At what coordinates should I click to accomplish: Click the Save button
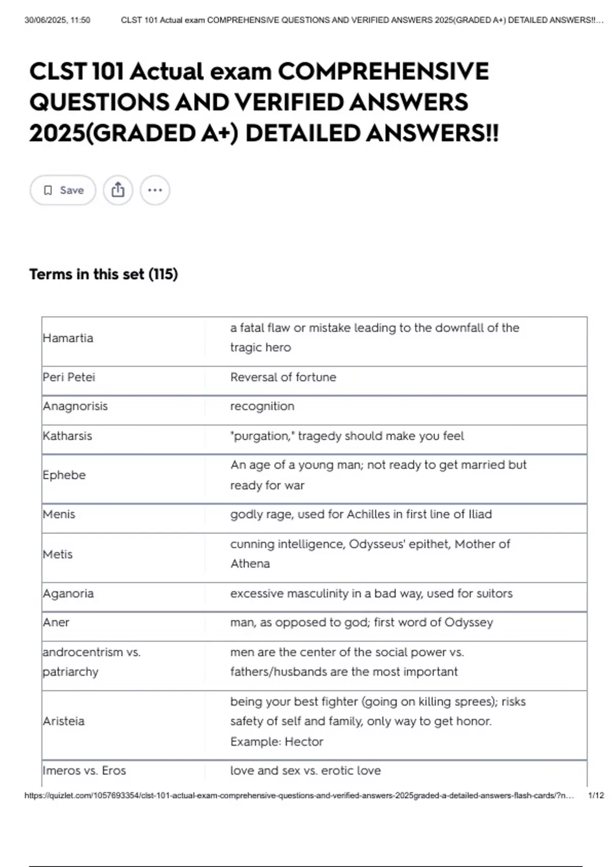63,190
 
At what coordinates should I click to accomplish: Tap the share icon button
118,190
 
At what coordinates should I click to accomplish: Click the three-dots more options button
155,190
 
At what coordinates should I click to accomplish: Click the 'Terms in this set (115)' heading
104,274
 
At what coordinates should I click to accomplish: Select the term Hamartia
68,338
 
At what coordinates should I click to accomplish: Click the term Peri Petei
69,377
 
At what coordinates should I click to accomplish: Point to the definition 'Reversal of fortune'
283,377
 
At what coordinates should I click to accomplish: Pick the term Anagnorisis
75,406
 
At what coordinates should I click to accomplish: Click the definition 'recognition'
262,406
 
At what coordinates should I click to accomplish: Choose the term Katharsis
67,436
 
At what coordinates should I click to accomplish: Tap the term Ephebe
64,475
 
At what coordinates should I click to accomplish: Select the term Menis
59,514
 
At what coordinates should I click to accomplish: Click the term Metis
58,554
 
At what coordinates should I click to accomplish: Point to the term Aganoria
68,594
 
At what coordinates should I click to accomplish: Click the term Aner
56,623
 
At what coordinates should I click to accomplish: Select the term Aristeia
64,721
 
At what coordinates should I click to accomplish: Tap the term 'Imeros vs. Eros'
84,771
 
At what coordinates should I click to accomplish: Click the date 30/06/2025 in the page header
43,20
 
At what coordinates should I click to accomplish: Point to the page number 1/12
596,796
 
